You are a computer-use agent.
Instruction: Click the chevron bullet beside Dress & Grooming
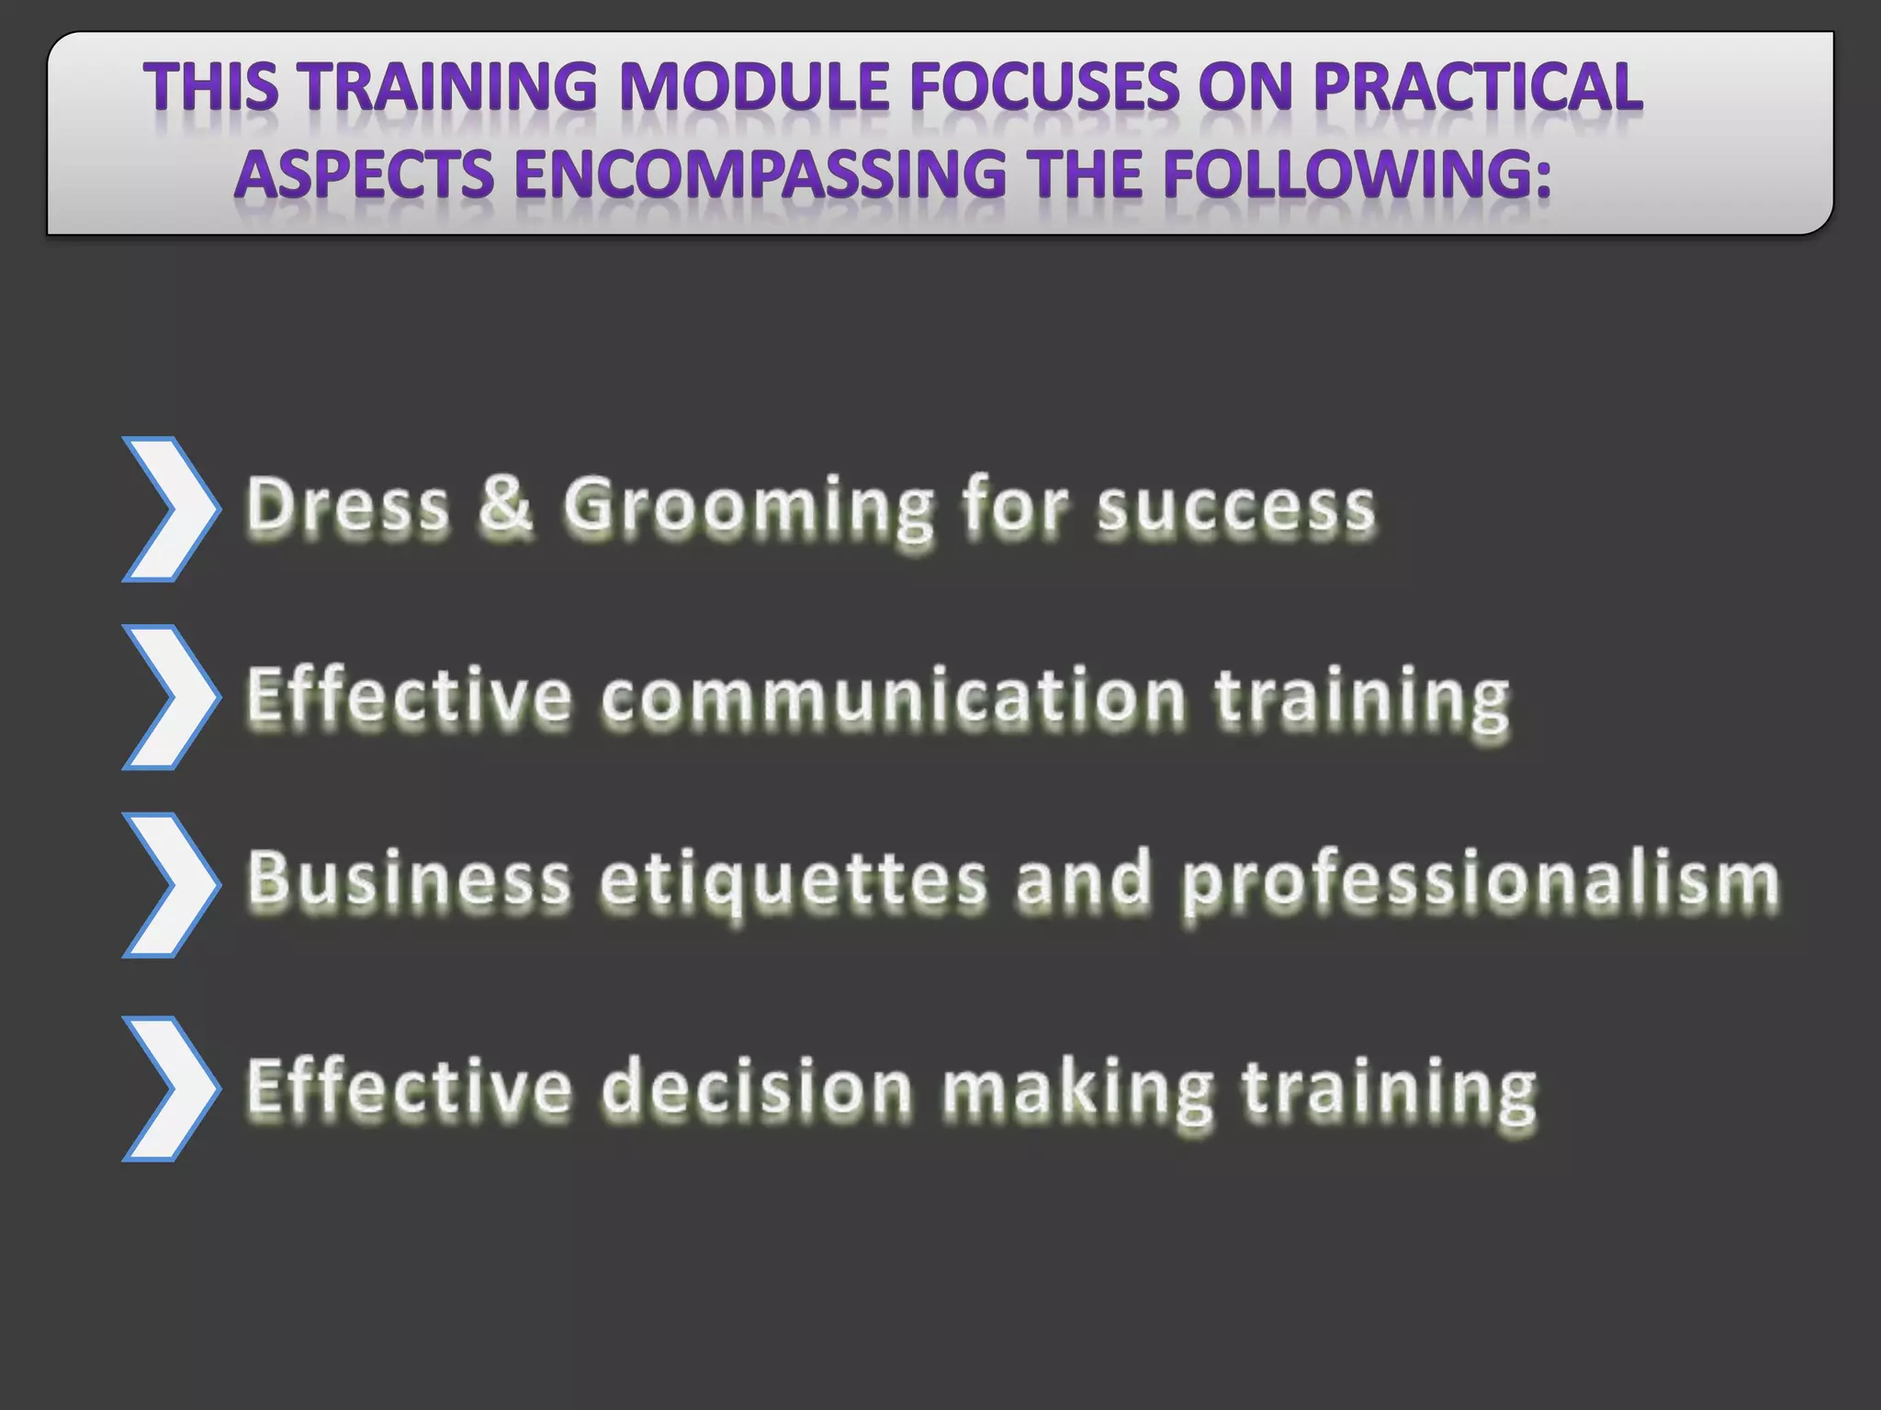pos(171,509)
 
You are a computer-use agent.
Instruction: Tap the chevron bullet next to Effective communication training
pos(171,698)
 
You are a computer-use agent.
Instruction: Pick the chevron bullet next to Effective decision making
pos(171,1089)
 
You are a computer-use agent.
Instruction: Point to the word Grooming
pos(748,508)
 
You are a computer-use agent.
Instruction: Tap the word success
pos(1236,508)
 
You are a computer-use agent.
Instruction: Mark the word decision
pos(757,1088)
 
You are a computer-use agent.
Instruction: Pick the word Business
pos(410,879)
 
